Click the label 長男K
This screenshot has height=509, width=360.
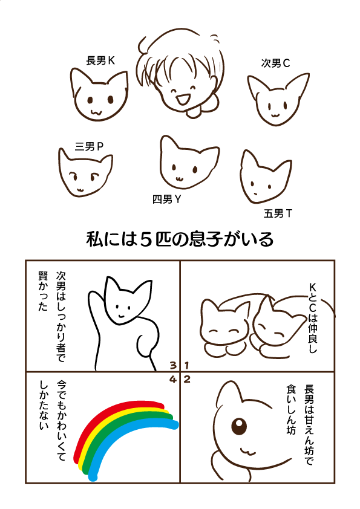tap(100, 60)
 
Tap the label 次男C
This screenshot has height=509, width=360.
tap(275, 63)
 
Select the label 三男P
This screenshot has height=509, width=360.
tap(89, 146)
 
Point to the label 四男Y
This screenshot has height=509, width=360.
tap(166, 199)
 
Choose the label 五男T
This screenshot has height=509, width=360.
tap(278, 213)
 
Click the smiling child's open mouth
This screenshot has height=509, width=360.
tap(182, 99)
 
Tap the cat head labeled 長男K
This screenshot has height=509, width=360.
tap(99, 95)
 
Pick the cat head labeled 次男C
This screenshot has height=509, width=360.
tap(278, 100)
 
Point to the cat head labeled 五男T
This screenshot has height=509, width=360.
tap(265, 177)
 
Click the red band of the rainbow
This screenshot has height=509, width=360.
tap(114, 414)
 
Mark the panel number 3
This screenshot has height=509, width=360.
tap(173, 366)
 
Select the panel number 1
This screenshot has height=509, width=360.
tap(186, 366)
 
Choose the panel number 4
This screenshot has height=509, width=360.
tap(173, 379)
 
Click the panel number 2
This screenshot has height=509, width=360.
tap(187, 379)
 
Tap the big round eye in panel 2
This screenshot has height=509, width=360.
tap(239, 426)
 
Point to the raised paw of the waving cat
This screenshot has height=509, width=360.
tap(94, 298)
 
